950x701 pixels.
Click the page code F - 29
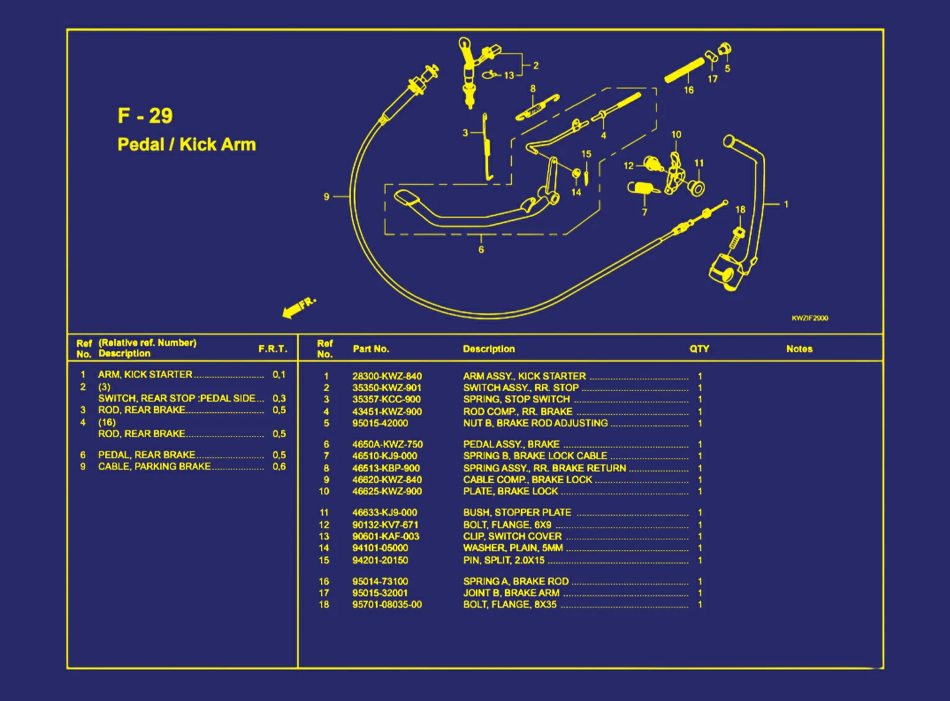pos(145,116)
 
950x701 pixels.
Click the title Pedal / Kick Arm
pos(187,144)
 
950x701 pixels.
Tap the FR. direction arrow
pos(298,307)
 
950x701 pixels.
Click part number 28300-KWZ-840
pos(387,376)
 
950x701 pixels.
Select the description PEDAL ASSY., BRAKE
pos(511,444)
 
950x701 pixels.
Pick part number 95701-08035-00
pos(387,605)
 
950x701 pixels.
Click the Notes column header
pos(799,349)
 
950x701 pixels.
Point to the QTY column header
pos(699,349)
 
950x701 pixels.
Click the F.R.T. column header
pos(273,349)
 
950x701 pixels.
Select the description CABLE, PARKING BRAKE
pos(154,467)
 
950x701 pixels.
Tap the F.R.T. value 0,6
pos(279,467)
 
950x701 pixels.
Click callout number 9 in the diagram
pos(326,197)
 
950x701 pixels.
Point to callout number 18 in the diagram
pos(740,210)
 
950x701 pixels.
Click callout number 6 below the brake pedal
pos(481,249)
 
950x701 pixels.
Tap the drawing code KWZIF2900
pos(809,318)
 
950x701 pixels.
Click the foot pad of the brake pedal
pos(407,198)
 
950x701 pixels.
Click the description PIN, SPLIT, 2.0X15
pos(504,560)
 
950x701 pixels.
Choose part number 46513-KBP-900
pos(385,468)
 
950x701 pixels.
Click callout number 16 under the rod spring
pos(689,90)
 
